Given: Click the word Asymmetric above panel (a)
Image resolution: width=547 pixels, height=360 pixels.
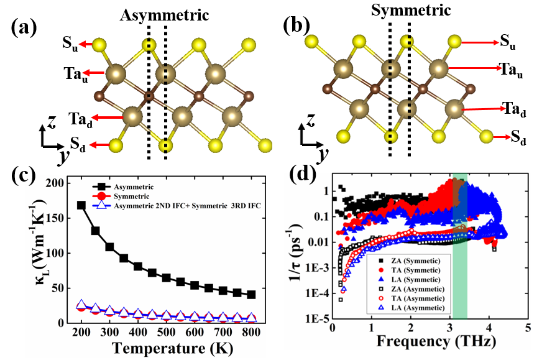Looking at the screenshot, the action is (164, 15).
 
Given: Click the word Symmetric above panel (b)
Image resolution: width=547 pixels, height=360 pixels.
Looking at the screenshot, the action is (411, 10).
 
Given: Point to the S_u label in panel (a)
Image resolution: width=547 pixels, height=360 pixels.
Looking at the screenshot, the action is (70, 44).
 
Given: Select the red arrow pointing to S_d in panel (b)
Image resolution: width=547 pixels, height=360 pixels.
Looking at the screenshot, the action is (502, 137).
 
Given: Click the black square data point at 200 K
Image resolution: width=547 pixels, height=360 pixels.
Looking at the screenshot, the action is (81, 205).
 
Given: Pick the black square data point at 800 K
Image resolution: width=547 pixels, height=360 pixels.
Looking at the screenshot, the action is (251, 295).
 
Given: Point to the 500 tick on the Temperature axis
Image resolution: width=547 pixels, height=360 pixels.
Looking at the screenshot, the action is (166, 332).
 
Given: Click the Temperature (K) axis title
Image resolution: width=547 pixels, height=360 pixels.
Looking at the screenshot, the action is (172, 348).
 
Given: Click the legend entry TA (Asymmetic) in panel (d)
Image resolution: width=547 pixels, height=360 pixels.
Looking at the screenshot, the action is (418, 298).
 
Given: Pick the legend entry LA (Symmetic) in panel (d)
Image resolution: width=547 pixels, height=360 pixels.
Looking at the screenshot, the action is (416, 280).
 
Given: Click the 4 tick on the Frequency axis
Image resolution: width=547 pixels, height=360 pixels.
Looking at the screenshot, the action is (489, 328).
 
